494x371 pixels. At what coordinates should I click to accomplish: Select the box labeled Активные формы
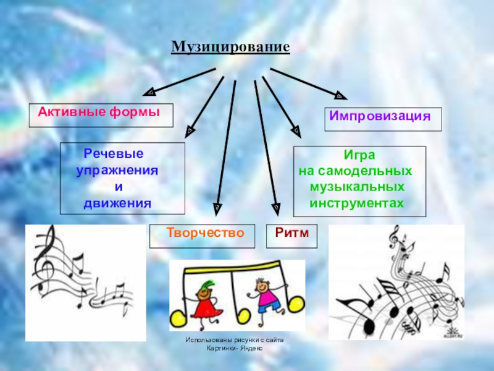pos(101,115)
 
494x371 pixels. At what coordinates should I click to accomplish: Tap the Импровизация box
pos(383,118)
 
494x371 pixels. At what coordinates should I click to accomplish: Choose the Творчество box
pos(202,235)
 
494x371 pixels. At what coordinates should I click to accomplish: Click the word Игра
pos(359,156)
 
